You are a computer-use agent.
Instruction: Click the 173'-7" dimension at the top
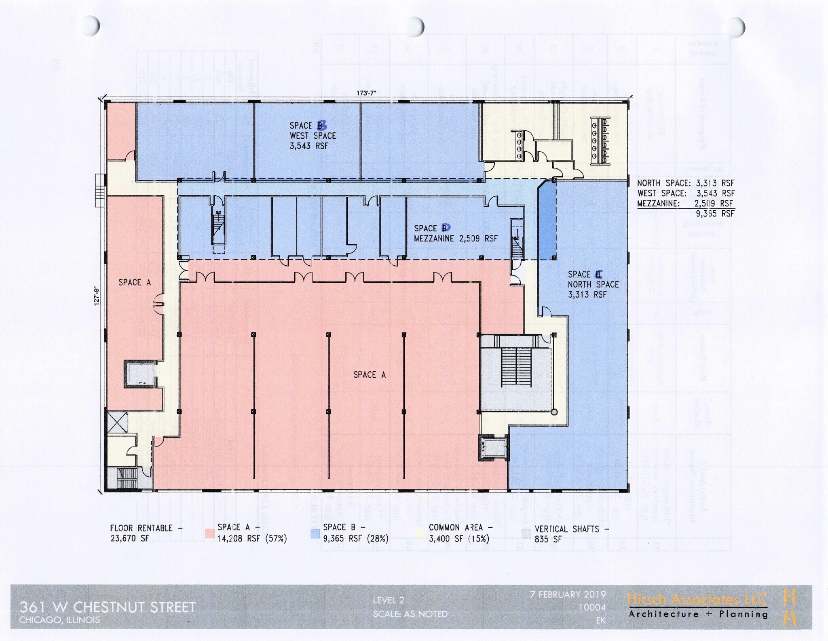point(366,93)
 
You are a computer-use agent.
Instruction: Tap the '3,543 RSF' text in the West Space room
point(308,146)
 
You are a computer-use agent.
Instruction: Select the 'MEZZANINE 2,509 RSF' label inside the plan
point(456,239)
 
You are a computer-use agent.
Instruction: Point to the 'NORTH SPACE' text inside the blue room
point(593,284)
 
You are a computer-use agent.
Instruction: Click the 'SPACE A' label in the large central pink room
point(369,375)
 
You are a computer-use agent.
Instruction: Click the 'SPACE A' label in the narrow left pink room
point(135,282)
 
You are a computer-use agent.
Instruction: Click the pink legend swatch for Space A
point(209,533)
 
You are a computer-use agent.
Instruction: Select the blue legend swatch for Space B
point(315,533)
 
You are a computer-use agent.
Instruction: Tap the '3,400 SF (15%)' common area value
point(458,538)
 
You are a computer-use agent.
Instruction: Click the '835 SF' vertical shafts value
point(548,539)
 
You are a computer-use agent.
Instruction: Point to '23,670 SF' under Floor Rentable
point(129,538)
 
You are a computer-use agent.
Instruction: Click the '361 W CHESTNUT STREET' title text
point(108,607)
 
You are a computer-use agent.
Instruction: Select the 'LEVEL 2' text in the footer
point(388,600)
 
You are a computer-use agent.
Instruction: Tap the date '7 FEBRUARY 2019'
point(568,594)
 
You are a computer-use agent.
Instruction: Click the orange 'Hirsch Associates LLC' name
point(697,599)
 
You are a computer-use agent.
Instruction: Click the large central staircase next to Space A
point(516,366)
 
